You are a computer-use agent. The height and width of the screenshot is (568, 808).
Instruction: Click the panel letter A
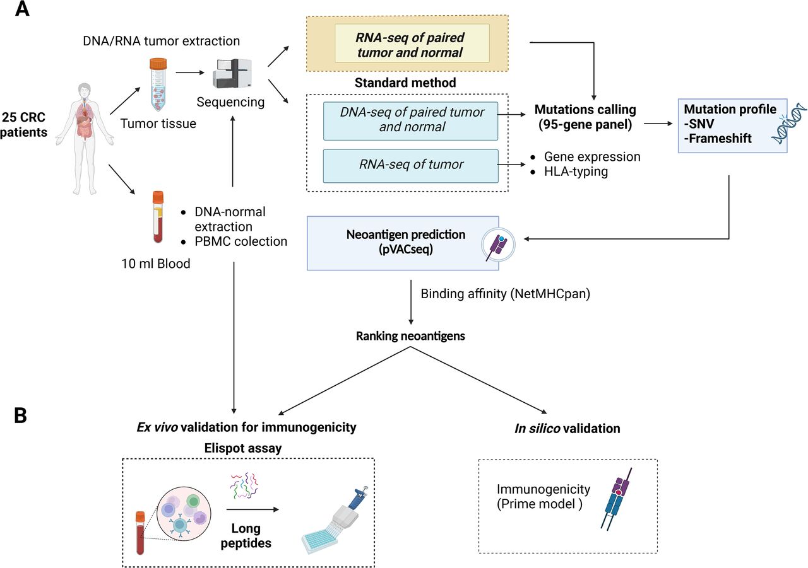(22, 11)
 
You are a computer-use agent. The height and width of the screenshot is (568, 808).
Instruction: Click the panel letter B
(21, 417)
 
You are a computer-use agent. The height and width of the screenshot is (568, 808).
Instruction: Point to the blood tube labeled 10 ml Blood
(158, 217)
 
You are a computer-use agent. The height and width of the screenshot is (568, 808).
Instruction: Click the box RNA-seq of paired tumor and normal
(412, 43)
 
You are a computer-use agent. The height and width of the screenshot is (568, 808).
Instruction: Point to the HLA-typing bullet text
(576, 171)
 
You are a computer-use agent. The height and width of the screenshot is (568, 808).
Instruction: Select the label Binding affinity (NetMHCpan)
(505, 294)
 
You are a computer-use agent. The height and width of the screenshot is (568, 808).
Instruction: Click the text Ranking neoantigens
(410, 336)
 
